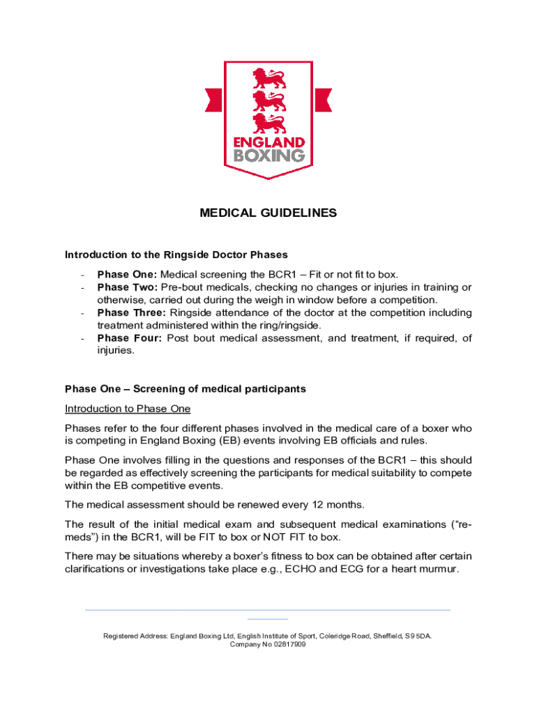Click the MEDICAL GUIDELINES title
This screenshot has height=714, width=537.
268,213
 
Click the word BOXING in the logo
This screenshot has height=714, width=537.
268,153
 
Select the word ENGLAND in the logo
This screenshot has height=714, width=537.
268,140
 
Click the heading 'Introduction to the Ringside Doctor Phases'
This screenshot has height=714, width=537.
176,255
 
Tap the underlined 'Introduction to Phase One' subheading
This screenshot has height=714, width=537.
128,408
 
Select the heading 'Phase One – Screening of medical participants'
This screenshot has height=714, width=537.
186,388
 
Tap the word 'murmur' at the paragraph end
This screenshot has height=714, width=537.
437,568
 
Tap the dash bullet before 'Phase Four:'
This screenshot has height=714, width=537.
83,338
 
